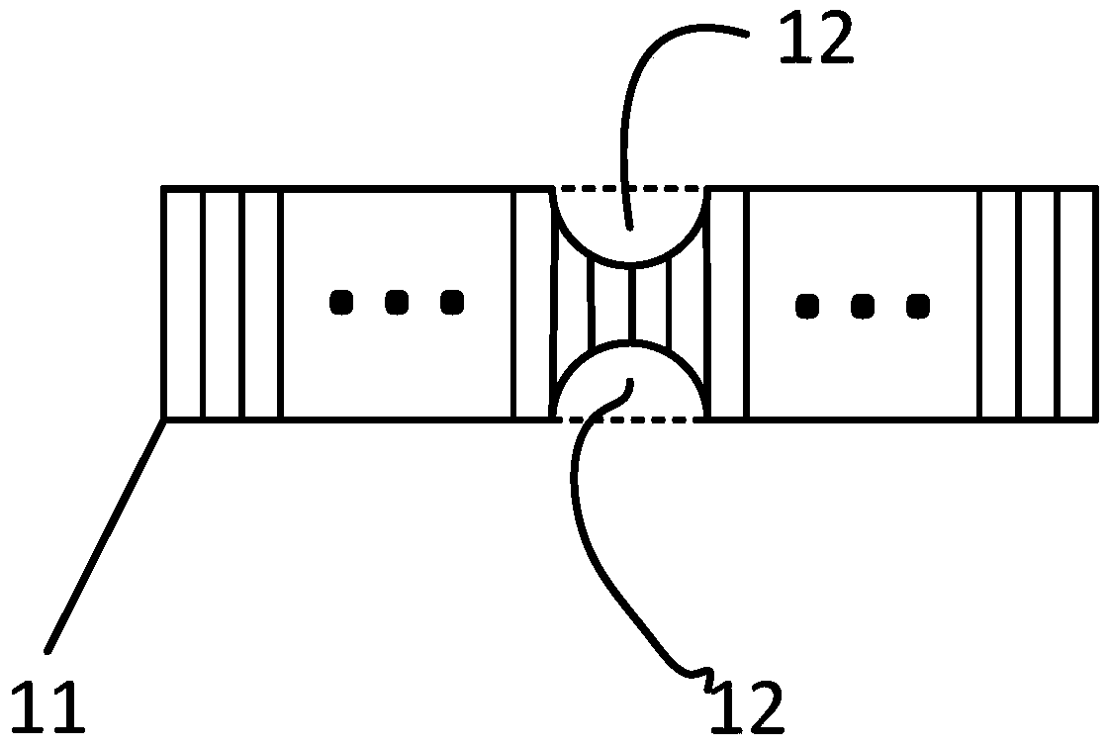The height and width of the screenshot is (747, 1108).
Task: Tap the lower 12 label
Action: click(746, 704)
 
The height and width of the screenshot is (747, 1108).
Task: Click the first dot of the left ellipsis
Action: click(341, 301)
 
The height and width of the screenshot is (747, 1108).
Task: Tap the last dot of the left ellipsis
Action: click(451, 301)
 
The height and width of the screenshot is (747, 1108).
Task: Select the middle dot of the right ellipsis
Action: click(863, 306)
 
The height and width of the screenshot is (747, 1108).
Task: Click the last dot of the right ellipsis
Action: click(917, 306)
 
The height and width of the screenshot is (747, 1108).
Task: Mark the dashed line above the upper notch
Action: click(630, 187)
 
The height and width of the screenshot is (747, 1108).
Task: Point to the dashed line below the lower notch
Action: click(630, 420)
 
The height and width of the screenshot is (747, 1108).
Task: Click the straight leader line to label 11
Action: click(104, 534)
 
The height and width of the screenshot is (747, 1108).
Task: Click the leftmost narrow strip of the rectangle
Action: click(183, 303)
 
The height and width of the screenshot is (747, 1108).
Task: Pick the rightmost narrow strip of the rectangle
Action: click(1076, 303)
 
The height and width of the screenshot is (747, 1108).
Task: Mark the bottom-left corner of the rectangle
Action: click(164, 419)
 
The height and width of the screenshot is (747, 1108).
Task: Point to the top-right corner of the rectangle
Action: click(1095, 187)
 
